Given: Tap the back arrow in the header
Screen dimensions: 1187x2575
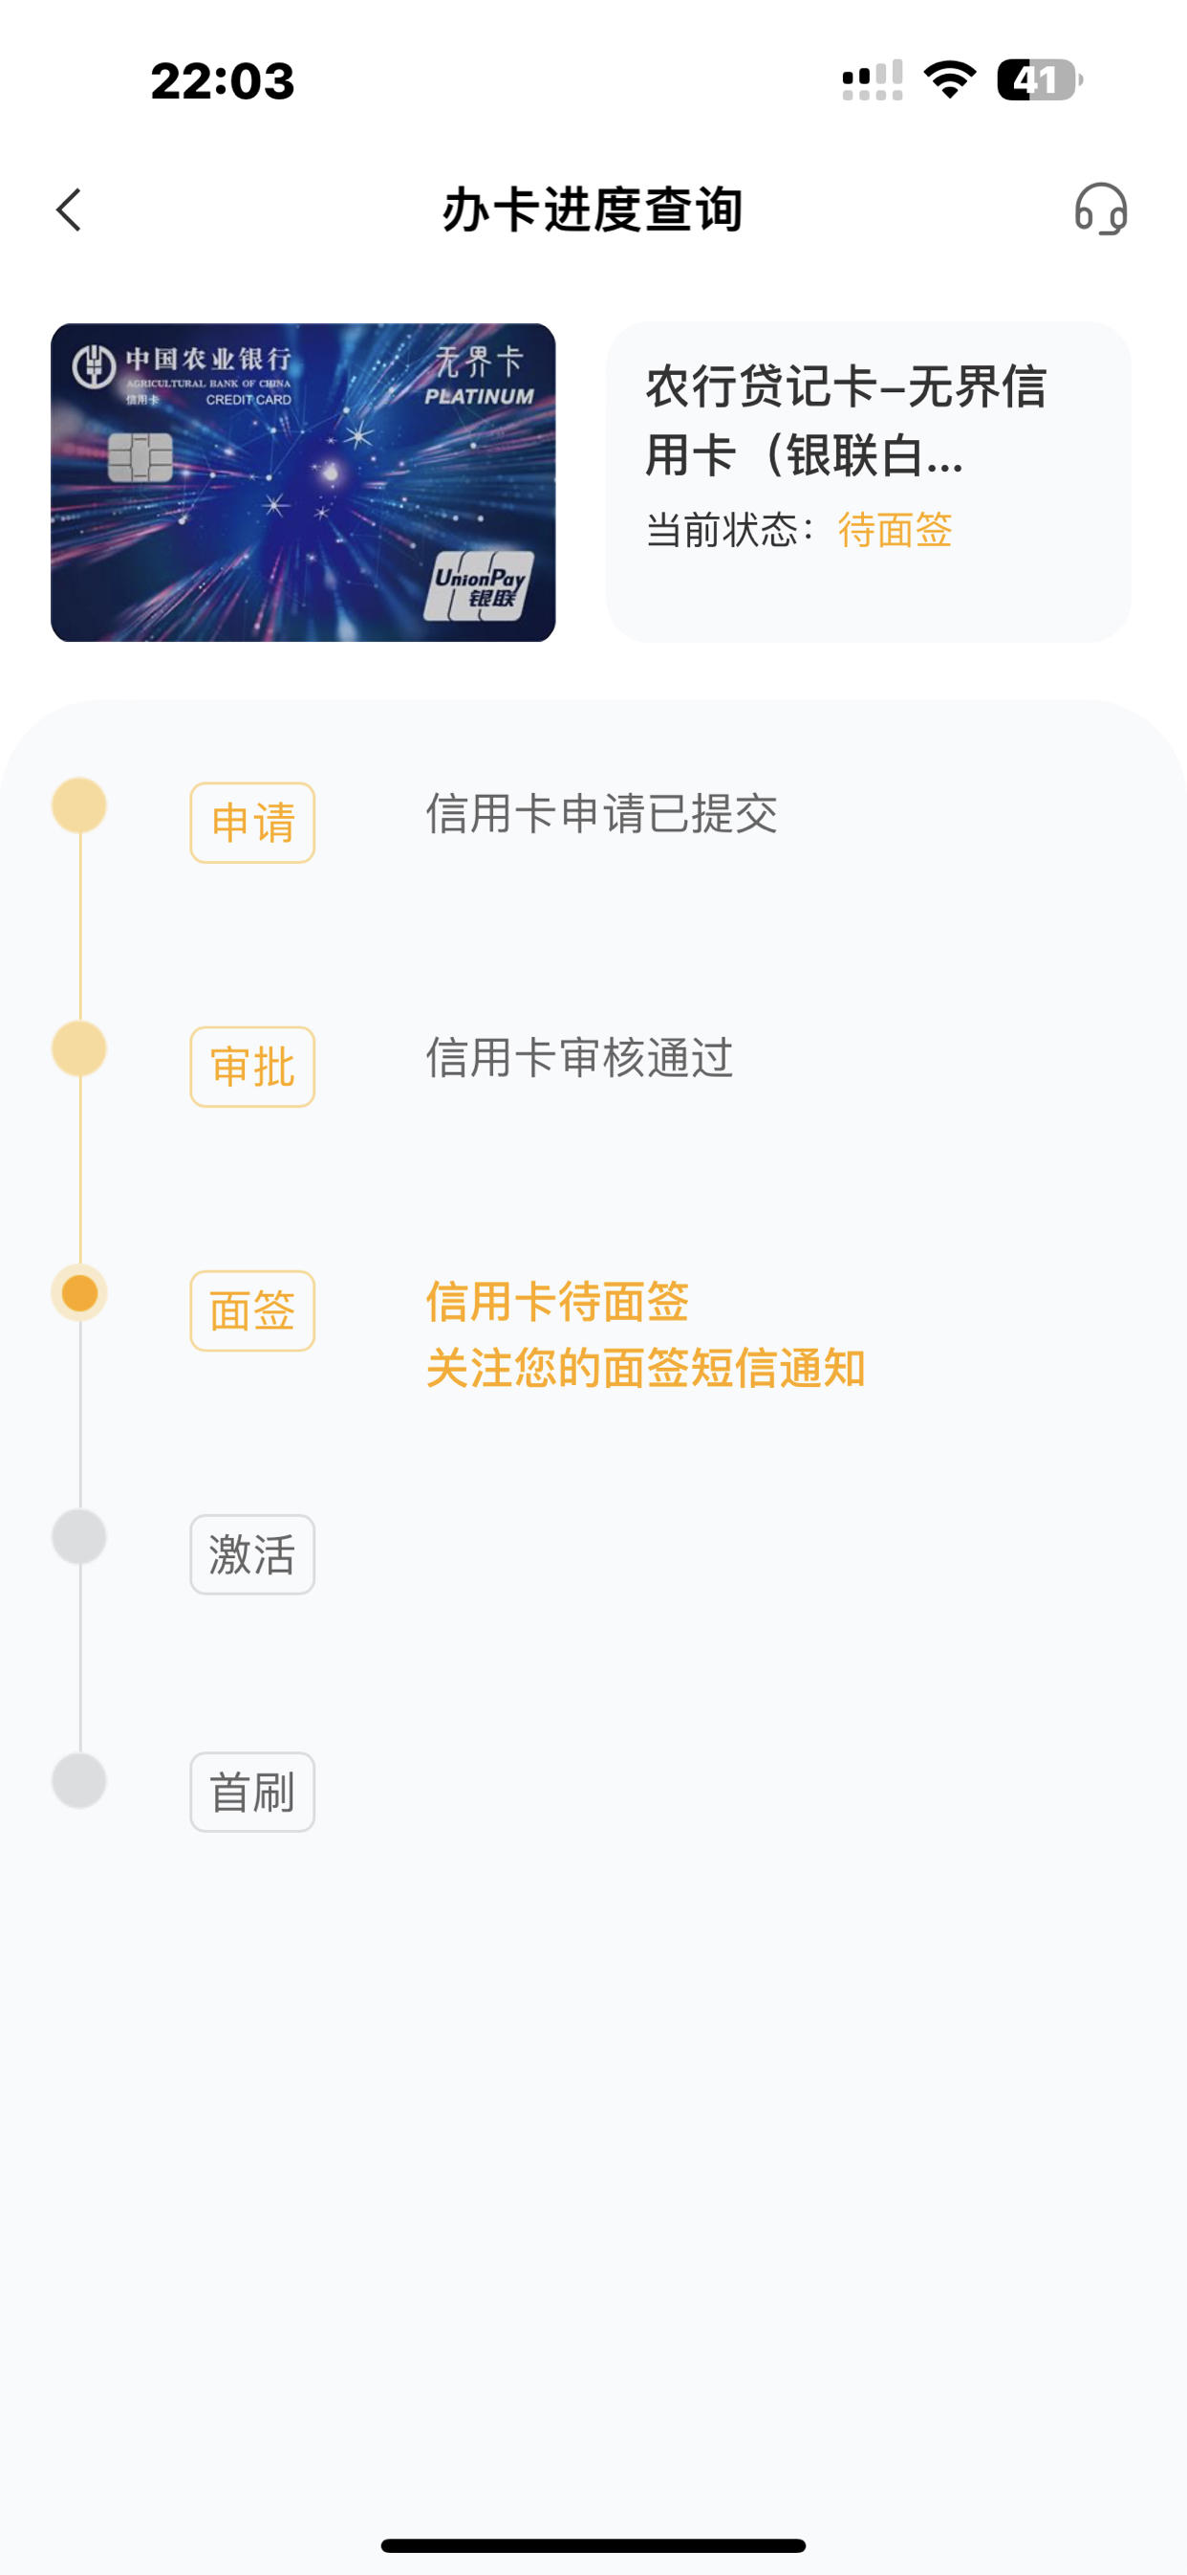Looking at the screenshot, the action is coord(68,209).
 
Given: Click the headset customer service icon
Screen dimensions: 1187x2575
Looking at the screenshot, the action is coord(1101,209).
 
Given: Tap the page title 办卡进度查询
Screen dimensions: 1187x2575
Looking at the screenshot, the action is coord(593,209).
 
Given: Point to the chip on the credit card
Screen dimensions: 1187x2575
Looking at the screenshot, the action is coord(140,458).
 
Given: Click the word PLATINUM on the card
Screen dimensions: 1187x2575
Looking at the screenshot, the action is coord(479,397).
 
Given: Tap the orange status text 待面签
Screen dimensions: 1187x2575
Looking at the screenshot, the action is coord(896,530).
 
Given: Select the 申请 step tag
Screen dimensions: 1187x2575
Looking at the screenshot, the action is coord(252,823).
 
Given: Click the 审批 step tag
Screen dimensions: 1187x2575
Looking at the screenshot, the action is coord(252,1067).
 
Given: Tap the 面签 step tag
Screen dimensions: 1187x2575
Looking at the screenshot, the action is coord(252,1310).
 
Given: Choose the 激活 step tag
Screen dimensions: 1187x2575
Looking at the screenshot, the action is coord(252,1554).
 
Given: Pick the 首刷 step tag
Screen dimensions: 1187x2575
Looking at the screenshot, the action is coord(252,1793).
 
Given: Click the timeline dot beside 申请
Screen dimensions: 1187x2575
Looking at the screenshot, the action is coord(79,805).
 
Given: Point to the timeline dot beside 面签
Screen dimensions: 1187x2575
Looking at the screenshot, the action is coord(79,1293).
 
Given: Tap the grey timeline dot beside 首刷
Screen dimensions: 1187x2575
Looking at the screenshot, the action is coord(79,1780).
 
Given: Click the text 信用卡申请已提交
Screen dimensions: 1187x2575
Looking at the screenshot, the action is coord(601,814).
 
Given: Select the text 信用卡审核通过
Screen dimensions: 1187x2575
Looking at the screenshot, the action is coord(579,1058).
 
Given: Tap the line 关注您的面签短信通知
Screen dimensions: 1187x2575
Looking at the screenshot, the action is coord(645,1368).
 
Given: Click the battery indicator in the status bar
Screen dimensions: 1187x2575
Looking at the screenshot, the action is coord(1039,80).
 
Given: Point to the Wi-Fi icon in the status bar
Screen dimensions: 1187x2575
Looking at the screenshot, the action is coord(949,80).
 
